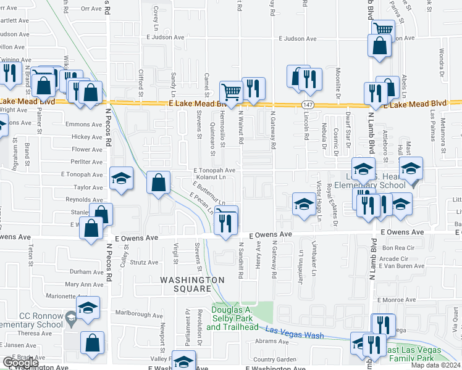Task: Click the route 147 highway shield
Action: pyautogui.click(x=307, y=105)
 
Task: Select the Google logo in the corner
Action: pyautogui.click(x=20, y=363)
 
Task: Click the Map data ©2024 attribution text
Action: pyautogui.click(x=434, y=365)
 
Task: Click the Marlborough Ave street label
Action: pyautogui.click(x=141, y=315)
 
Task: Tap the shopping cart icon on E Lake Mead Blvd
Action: pyautogui.click(x=230, y=92)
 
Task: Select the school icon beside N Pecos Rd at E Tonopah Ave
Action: pyautogui.click(x=121, y=179)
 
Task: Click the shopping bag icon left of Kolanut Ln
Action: pyautogui.click(x=159, y=183)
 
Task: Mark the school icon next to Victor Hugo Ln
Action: pyautogui.click(x=303, y=205)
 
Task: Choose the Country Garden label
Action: pyautogui.click(x=275, y=360)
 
